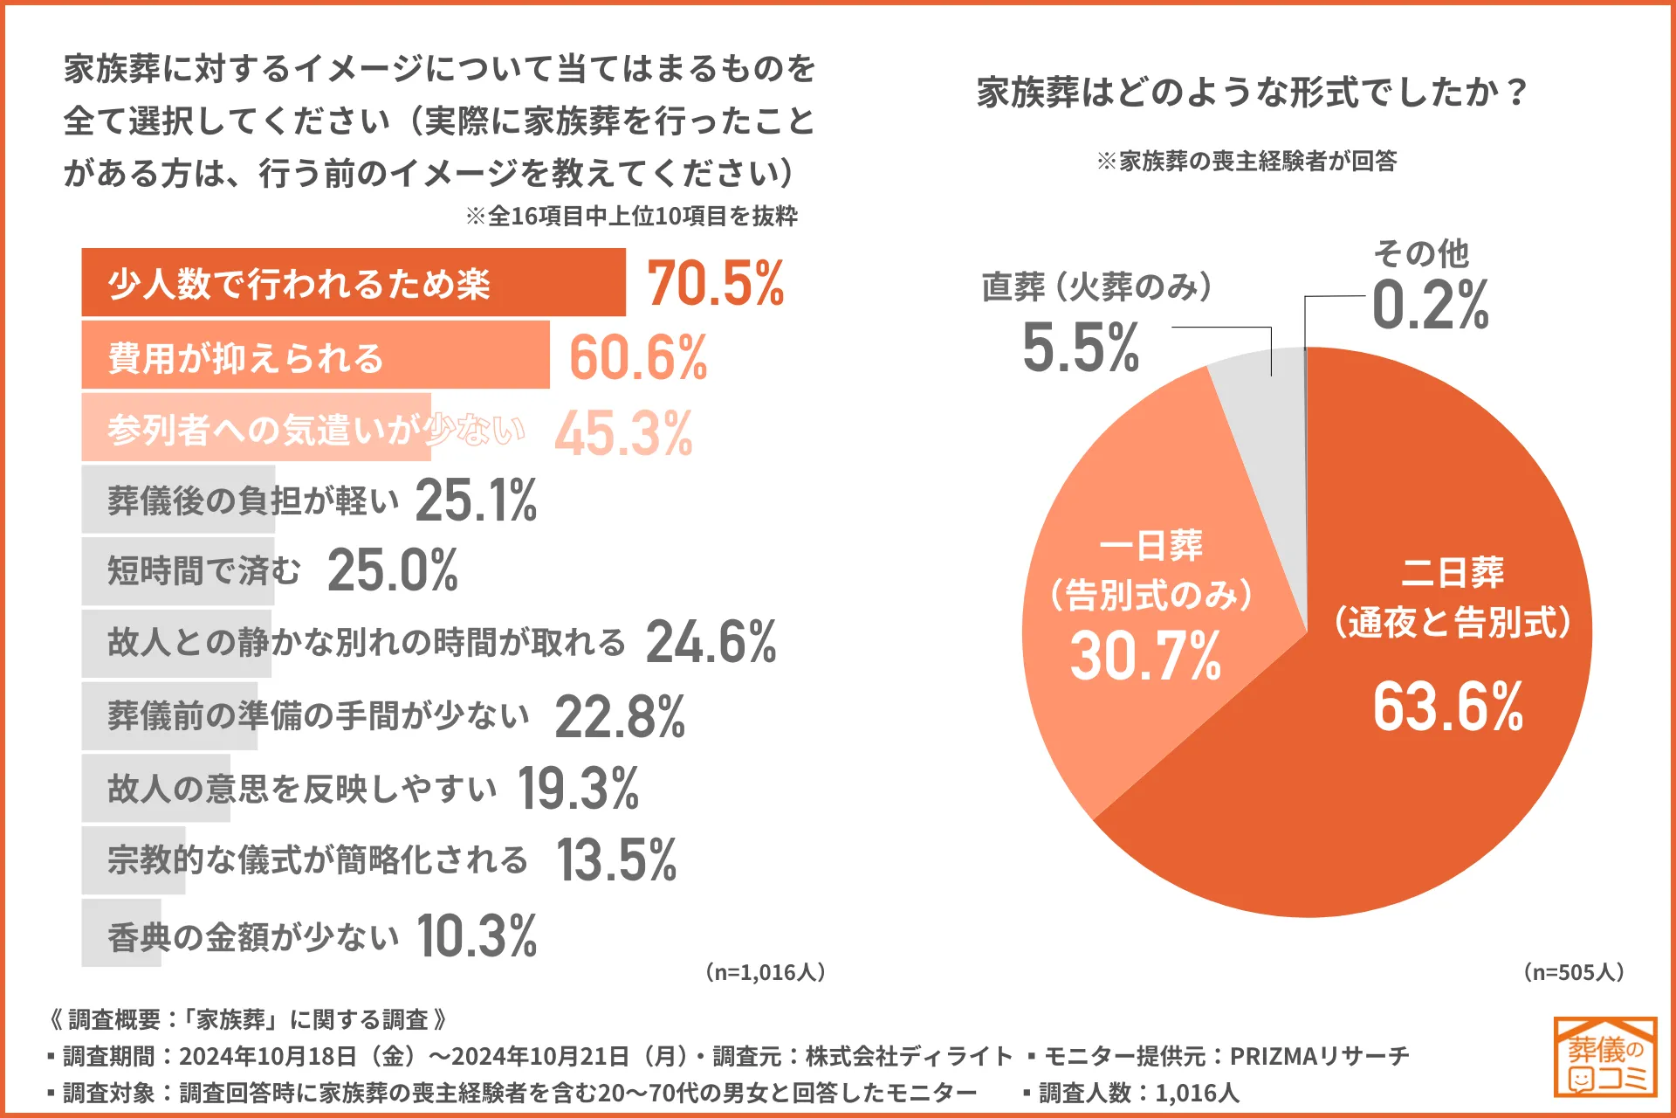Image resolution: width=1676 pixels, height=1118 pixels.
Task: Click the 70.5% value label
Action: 715,284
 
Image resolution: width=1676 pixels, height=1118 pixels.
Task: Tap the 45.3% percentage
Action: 623,433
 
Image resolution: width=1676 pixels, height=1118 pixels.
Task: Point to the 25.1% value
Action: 476,500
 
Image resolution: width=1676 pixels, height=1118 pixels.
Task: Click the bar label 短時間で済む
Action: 203,571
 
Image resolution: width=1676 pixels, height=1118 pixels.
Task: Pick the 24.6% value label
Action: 711,643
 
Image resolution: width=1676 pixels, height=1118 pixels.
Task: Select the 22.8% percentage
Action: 620,717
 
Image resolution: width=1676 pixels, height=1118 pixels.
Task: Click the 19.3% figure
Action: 578,789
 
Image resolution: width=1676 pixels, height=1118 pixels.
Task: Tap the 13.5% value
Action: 616,860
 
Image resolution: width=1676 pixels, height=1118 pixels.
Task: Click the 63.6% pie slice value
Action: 1447,707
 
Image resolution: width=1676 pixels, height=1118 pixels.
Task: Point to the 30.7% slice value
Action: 1145,656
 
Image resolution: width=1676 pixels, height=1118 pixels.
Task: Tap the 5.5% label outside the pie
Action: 1081,348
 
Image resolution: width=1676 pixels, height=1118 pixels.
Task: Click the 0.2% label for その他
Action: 1430,306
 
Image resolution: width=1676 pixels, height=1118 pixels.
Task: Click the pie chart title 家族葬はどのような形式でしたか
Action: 1252,92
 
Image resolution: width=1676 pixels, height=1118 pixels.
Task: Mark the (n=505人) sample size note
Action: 1573,972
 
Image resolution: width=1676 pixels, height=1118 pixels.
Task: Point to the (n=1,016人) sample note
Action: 765,972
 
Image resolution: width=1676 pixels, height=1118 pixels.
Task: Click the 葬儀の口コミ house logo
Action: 1604,1056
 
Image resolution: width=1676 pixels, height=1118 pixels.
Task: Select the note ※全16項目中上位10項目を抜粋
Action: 631,216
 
